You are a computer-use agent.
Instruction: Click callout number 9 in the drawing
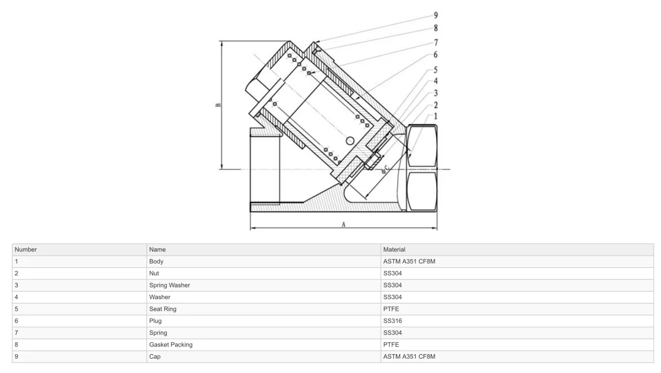tap(436, 15)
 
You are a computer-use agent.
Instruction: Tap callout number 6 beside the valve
tap(436, 55)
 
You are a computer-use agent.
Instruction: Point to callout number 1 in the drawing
tap(436, 116)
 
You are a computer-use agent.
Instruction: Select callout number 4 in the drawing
tap(436, 81)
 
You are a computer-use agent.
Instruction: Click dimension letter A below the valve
tap(344, 225)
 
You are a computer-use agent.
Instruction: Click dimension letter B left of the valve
tap(218, 105)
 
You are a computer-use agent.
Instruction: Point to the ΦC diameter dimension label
tap(385, 169)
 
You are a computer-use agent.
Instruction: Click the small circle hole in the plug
tap(350, 140)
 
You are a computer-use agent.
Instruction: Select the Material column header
tap(394, 250)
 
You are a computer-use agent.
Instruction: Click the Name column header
tap(158, 250)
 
